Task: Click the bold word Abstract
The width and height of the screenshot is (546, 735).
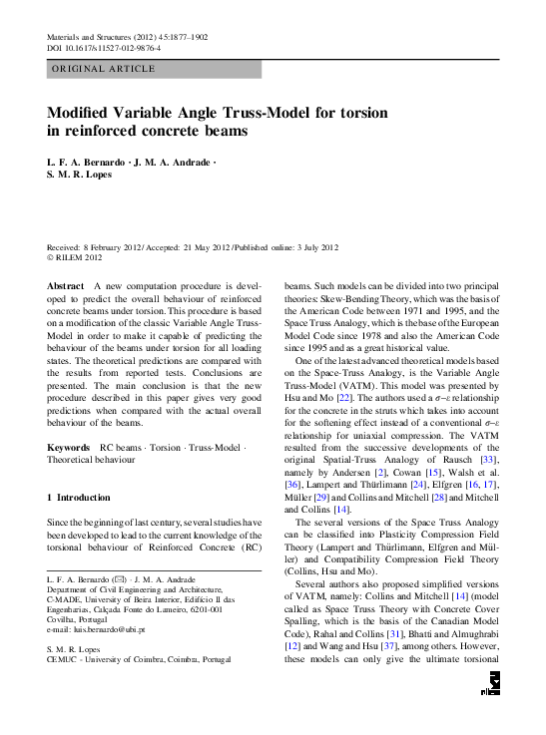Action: (x=66, y=285)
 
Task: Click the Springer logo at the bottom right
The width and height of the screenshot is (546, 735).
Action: (x=489, y=705)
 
